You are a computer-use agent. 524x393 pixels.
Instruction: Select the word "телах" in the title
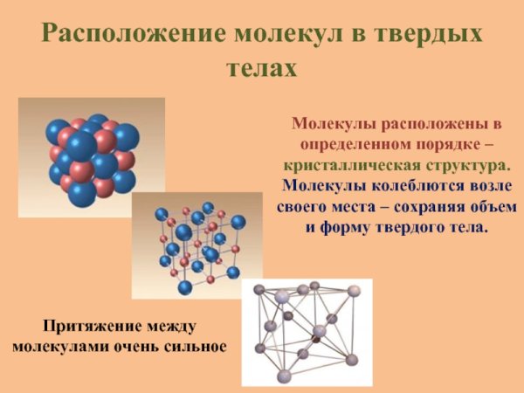pyautogui.click(x=262, y=67)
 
